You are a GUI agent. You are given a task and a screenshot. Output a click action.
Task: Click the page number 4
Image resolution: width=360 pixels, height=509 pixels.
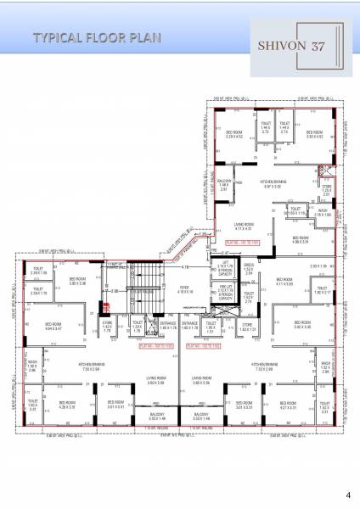click(x=347, y=494)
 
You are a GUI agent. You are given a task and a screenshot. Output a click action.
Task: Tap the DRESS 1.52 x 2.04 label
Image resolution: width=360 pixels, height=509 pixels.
click(x=249, y=272)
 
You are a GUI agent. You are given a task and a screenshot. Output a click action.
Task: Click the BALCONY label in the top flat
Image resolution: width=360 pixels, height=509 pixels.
click(x=224, y=186)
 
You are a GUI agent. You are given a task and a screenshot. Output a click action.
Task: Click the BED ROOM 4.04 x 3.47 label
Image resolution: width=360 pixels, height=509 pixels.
click(x=53, y=326)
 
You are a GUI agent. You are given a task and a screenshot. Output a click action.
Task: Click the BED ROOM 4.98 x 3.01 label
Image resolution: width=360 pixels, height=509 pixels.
click(x=301, y=240)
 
